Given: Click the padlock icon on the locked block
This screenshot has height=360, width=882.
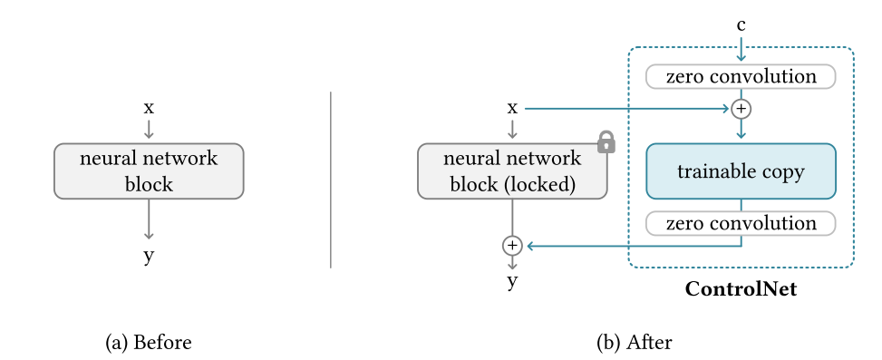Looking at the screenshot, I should point(606,141).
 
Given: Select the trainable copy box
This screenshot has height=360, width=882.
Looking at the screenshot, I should point(741,171).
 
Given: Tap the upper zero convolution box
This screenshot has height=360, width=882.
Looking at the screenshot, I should point(741,76).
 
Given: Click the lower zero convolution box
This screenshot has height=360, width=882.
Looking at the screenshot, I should point(741,223).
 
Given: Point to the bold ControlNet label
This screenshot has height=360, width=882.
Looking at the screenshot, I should point(741,290).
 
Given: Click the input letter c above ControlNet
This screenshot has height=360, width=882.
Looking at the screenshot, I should point(741,25).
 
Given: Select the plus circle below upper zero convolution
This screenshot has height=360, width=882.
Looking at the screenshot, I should point(741,109).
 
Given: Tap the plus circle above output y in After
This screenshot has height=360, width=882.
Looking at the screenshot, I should point(512,245).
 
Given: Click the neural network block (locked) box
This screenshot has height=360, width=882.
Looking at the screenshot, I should point(512,171).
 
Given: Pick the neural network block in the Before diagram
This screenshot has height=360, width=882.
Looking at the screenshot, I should point(149,171).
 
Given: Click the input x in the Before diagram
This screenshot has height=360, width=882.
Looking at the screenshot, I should point(149,107).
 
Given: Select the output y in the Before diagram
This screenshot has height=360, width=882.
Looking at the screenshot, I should point(149,257).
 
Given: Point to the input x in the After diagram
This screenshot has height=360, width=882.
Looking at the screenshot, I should point(512,107).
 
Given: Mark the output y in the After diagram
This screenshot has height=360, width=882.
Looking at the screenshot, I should point(512,281).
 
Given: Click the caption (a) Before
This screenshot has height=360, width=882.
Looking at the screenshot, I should point(149,343).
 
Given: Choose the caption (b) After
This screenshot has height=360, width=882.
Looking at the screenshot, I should point(634,343).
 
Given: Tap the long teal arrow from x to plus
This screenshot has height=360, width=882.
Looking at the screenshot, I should point(625,109).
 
